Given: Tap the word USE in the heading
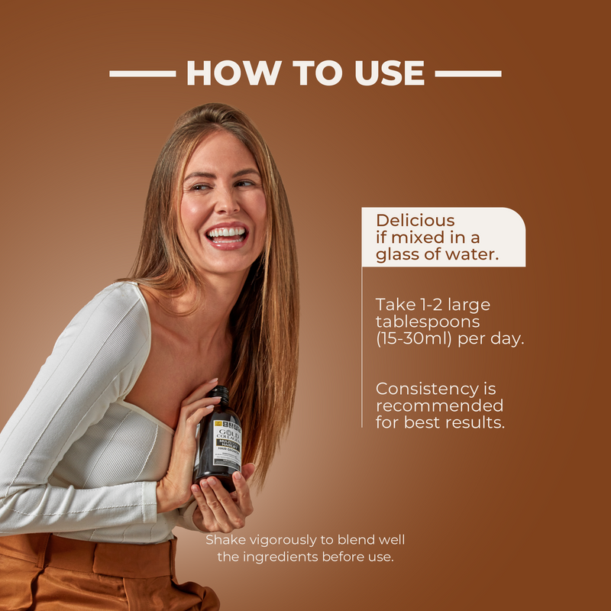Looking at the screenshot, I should [388, 73].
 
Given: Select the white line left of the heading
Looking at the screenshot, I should [142, 74].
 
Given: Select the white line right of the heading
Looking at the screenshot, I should [468, 74].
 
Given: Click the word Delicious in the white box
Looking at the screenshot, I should [415, 221].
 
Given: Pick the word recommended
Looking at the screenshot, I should [439, 406].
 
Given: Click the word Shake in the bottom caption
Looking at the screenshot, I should [224, 540].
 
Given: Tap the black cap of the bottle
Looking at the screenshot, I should [220, 395].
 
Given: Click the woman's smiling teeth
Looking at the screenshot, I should [226, 231].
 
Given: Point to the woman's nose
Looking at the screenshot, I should [222, 205].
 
